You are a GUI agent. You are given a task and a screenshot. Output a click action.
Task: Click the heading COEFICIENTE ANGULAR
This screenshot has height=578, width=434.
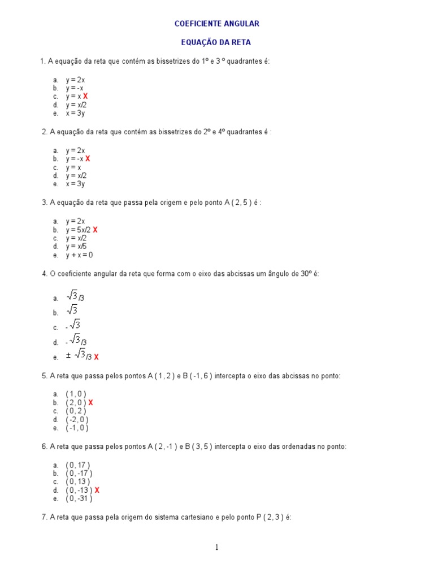(216, 24)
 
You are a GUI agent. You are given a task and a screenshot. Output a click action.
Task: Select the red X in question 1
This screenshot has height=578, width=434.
(85, 97)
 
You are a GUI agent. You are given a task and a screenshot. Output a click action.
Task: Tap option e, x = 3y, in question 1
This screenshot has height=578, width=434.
(75, 113)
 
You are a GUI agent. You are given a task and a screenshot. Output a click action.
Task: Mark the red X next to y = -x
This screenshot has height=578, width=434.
(88, 159)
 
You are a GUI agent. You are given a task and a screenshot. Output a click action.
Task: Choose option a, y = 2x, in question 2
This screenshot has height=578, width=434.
(75, 150)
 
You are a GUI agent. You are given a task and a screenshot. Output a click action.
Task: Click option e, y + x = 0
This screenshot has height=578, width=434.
(79, 255)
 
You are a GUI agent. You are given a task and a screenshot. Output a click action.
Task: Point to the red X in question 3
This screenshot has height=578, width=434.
(96, 230)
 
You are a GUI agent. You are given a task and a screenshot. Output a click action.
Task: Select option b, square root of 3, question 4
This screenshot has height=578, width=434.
(72, 311)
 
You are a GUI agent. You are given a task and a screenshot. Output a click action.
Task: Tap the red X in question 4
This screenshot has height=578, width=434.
(96, 357)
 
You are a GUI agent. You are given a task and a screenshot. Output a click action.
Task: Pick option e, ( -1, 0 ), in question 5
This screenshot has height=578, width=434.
(77, 428)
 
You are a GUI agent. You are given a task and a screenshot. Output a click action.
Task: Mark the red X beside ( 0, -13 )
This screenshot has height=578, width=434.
(97, 490)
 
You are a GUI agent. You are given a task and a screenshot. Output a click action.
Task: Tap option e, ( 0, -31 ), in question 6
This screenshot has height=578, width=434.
(79, 498)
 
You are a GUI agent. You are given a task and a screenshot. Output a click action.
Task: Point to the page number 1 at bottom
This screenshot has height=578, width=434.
(216, 547)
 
